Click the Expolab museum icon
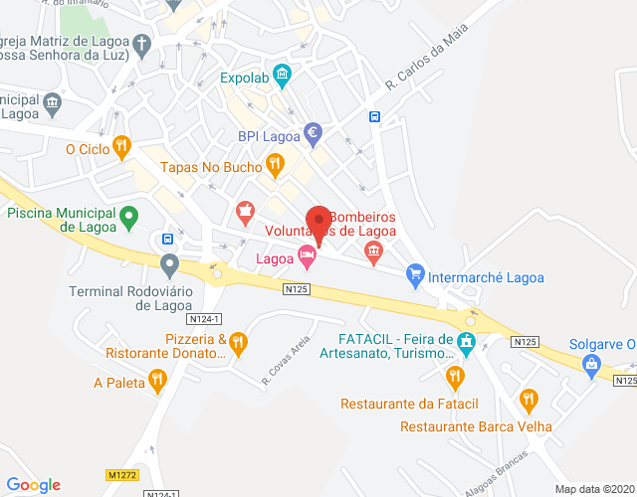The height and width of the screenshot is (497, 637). [282, 74]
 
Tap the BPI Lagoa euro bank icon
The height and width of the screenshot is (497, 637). [313, 131]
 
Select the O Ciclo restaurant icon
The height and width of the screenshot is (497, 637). [121, 146]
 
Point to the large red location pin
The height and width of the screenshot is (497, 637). [318, 224]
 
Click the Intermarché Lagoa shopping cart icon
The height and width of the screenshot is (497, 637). [416, 273]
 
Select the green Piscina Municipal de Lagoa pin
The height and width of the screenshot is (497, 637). [128, 214]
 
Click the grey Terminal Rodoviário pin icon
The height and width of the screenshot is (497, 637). [169, 265]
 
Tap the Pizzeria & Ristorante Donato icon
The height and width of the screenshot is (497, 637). [239, 344]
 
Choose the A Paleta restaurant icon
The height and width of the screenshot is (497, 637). [156, 379]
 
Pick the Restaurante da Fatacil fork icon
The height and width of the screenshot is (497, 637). [455, 376]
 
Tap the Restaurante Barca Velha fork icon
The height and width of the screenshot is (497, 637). [529, 401]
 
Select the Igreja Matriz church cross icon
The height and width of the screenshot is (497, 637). [142, 45]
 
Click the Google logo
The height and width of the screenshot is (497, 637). [34, 484]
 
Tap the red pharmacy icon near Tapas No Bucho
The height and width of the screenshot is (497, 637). [245, 211]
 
